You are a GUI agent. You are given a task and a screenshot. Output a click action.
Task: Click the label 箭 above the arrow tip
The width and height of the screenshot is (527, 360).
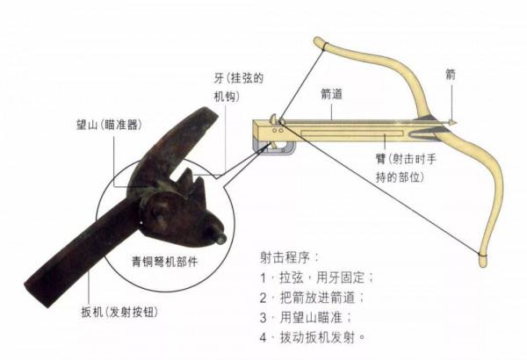[x=451, y=75]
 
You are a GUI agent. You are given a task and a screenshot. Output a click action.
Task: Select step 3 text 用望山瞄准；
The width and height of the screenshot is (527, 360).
[x=307, y=317]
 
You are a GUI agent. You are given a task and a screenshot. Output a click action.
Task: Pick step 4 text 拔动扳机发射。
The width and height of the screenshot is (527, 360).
[x=313, y=337]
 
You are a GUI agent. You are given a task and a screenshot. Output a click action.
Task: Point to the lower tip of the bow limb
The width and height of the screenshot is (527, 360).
[x=481, y=259]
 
